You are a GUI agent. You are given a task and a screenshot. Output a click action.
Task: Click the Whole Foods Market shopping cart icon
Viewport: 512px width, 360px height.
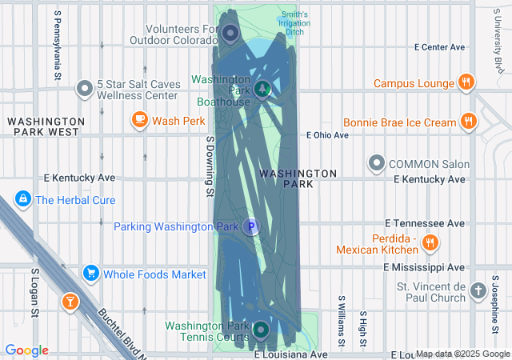[x=90, y=274]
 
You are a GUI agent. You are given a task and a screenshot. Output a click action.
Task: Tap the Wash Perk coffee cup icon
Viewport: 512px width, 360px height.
[x=139, y=121]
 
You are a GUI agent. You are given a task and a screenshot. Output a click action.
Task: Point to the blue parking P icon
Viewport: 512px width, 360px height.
[x=251, y=227]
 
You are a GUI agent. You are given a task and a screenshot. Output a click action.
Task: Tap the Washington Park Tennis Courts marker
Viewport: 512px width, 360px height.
[x=261, y=330]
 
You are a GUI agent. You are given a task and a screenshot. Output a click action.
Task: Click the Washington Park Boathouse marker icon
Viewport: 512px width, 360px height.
[x=262, y=89]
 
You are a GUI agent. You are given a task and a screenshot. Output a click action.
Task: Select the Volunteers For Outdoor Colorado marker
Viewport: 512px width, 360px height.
[x=230, y=34]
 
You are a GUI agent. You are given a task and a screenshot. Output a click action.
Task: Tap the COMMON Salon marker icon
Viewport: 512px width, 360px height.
[x=376, y=164]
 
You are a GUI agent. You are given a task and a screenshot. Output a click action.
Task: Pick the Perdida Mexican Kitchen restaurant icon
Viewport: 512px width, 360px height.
[x=430, y=242]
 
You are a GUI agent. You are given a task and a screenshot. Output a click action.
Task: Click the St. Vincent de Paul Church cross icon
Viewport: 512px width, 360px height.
[x=478, y=290]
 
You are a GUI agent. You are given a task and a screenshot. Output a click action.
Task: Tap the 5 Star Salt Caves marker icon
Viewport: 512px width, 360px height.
[x=84, y=89]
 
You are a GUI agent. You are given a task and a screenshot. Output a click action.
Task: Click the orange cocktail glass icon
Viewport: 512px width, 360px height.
[x=70, y=302]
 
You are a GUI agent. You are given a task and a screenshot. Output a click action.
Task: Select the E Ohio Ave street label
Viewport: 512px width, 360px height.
[x=328, y=135]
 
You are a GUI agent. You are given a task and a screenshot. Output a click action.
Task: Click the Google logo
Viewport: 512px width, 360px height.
[x=26, y=350]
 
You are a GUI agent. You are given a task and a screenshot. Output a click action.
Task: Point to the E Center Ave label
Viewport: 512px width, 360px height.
[x=439, y=47]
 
